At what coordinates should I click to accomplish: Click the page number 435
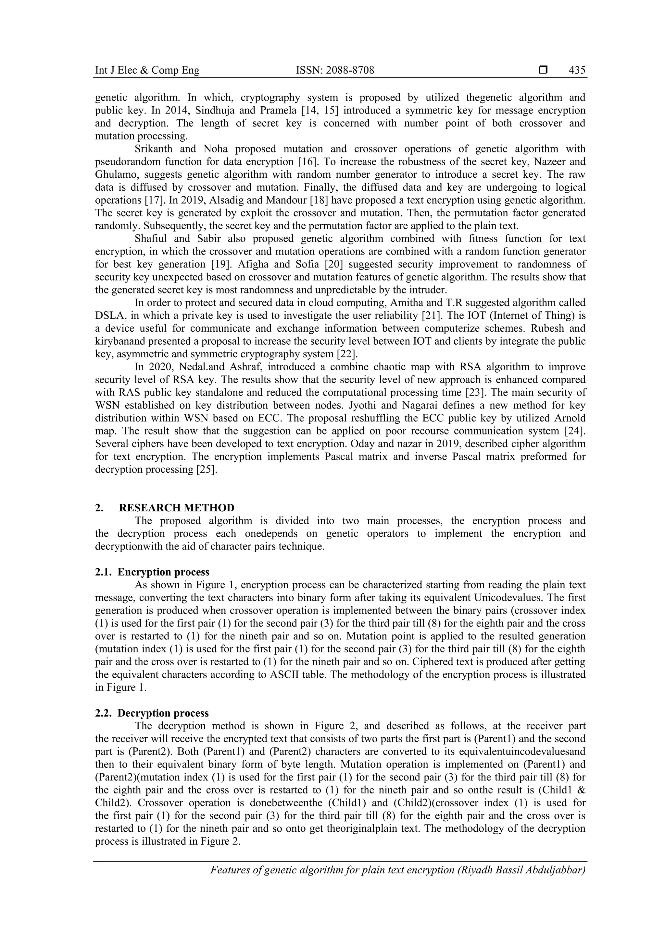[x=577, y=70]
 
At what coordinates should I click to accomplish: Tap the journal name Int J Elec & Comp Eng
[x=147, y=70]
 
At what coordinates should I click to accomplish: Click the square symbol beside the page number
[x=543, y=70]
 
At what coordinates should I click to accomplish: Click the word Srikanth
[x=154, y=149]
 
